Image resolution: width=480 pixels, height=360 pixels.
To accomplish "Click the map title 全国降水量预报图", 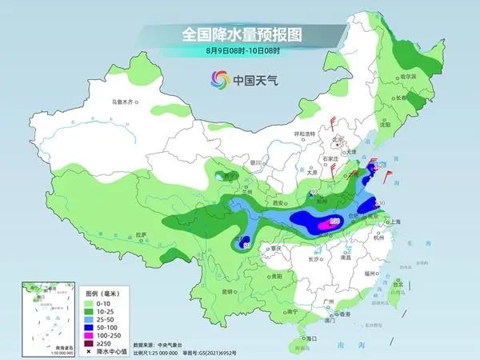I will (240, 34).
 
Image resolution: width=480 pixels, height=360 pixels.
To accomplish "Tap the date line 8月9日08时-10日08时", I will (240, 50).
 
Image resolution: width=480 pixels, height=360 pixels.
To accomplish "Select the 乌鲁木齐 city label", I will (124, 102).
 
